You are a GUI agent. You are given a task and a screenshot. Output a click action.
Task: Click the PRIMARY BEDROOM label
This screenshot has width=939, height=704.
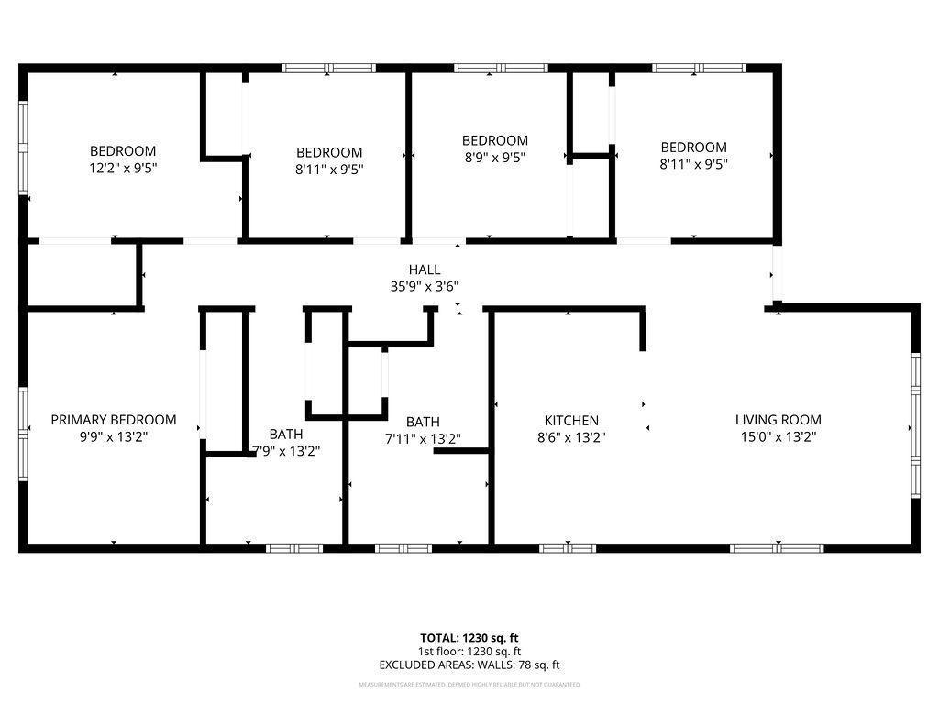click(114, 420)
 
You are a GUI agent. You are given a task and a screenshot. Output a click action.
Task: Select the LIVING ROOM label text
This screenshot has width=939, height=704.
click(779, 420)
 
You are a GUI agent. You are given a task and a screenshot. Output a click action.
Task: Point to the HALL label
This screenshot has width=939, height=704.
click(425, 269)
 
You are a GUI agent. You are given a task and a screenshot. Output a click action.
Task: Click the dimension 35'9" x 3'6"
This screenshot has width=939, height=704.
click(425, 286)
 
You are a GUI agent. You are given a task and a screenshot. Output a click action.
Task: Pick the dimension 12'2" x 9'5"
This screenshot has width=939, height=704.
click(122, 168)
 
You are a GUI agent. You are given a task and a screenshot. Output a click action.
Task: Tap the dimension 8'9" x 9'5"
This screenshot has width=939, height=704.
click(494, 157)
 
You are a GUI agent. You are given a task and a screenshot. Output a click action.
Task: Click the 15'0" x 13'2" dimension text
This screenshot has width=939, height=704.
click(779, 437)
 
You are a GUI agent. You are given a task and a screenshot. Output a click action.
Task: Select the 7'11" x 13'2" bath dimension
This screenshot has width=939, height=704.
click(422, 439)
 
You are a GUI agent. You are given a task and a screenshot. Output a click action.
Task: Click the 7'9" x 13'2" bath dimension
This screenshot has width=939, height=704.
click(286, 450)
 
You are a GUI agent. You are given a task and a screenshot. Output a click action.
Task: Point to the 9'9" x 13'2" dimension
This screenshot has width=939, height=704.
click(114, 437)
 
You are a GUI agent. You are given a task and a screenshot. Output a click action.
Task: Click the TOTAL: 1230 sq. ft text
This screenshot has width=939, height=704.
click(469, 638)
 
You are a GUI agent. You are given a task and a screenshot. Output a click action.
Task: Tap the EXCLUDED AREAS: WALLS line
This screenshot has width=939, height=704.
click(469, 665)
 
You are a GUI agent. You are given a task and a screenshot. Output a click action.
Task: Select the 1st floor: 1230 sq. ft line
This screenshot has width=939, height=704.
click(469, 652)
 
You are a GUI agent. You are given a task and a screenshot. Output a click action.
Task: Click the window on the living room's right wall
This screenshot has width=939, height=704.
click(914, 424)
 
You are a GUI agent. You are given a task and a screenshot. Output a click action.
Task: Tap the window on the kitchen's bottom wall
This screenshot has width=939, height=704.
click(568, 548)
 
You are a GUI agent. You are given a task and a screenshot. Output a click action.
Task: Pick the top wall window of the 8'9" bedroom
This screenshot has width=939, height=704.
click(502, 68)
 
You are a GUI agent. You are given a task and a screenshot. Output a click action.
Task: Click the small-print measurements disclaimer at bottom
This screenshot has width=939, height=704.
click(469, 685)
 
